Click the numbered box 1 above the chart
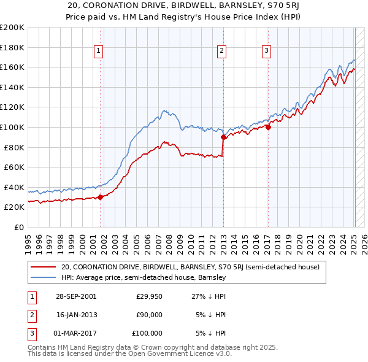[x=99, y=52]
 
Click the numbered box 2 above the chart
[x=222, y=52]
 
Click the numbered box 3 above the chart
[x=267, y=52]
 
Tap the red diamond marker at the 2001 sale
[x=100, y=197]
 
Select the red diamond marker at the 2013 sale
[x=223, y=137]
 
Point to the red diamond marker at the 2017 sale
[x=268, y=128]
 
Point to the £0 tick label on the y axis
[x=19, y=227]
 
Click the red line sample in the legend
[x=43, y=267]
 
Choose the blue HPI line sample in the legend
[x=43, y=277]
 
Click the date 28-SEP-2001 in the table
[x=77, y=296]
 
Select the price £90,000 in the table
[x=149, y=315]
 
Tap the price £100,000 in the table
[x=147, y=333]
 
